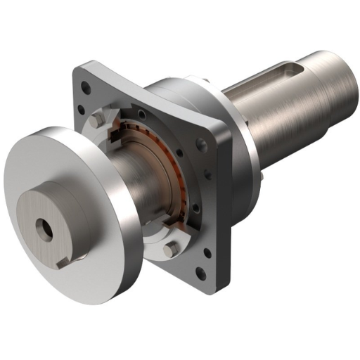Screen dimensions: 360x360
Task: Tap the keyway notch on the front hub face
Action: coord(64,262)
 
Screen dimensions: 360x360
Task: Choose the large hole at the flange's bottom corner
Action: coord(201,274)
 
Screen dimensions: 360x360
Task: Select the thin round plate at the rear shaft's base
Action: coord(243,141)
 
